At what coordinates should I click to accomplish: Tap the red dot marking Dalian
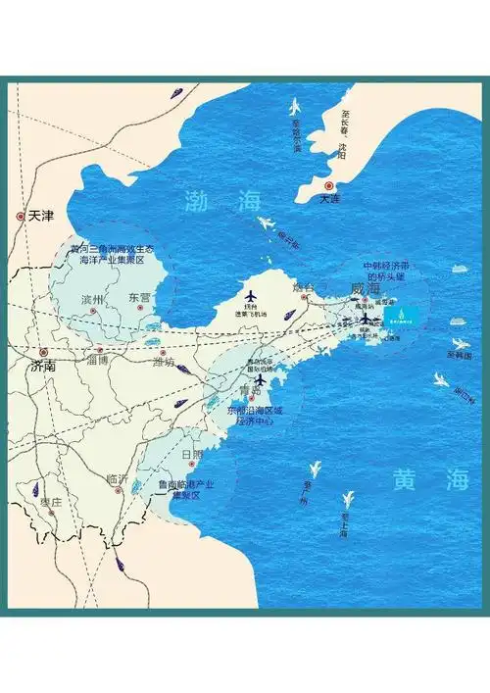coord(330,186)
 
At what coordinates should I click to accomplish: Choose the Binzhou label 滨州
coord(93,298)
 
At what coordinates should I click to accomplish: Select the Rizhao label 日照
coord(194,456)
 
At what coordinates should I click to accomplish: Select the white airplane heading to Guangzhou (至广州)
coord(316,471)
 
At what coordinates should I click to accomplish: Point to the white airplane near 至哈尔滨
coord(294,107)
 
